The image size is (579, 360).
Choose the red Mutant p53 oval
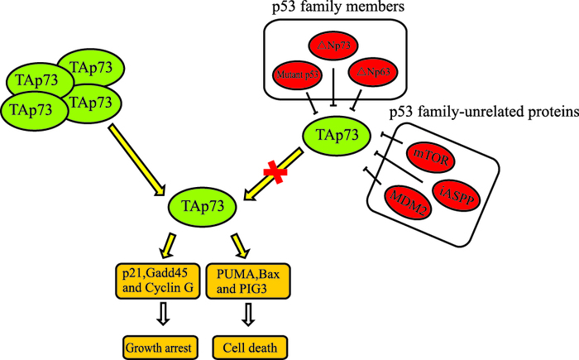pyautogui.click(x=299, y=75)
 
